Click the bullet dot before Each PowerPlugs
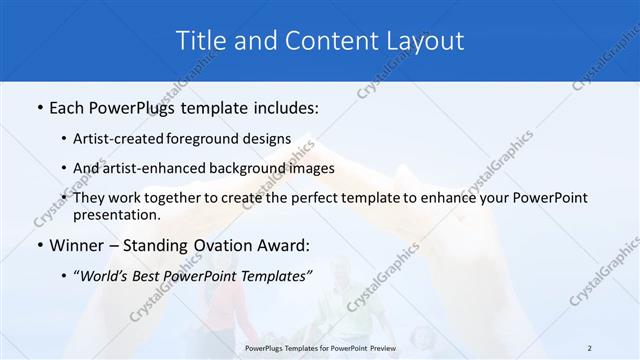[39, 105]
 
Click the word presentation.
[116, 214]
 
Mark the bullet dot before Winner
[39, 244]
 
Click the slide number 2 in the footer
[590, 347]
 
